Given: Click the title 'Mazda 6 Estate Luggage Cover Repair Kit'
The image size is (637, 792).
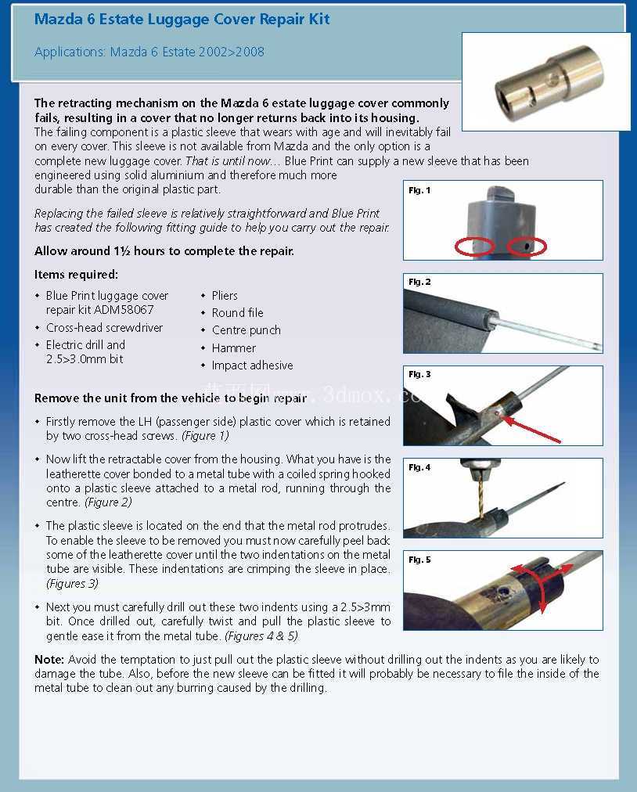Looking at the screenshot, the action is (x=182, y=20).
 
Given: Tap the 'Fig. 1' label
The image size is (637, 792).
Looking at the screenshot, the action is (x=419, y=190).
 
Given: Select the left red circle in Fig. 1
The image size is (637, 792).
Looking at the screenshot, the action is (x=474, y=247).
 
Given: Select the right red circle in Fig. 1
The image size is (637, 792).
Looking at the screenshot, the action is (x=527, y=247).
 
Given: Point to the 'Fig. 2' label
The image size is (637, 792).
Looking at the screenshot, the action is (x=419, y=282).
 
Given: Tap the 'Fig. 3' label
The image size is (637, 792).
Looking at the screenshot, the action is (x=419, y=374).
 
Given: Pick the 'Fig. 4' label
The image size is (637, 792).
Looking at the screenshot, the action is (x=419, y=467).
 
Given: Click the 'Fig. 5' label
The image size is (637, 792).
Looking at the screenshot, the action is (x=419, y=560).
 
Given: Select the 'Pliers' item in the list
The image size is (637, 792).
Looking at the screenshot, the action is (x=225, y=296).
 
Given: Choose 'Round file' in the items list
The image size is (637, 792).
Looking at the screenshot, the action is (x=237, y=313).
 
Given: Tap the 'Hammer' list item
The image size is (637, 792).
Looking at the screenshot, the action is (x=233, y=348).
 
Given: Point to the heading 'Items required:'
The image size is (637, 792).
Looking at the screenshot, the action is (x=76, y=275).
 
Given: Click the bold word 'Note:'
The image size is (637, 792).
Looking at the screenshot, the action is (x=49, y=659).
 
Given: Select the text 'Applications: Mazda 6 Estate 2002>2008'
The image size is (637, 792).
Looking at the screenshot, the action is (x=149, y=52).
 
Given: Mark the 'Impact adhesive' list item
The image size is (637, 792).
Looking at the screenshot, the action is (x=252, y=365).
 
